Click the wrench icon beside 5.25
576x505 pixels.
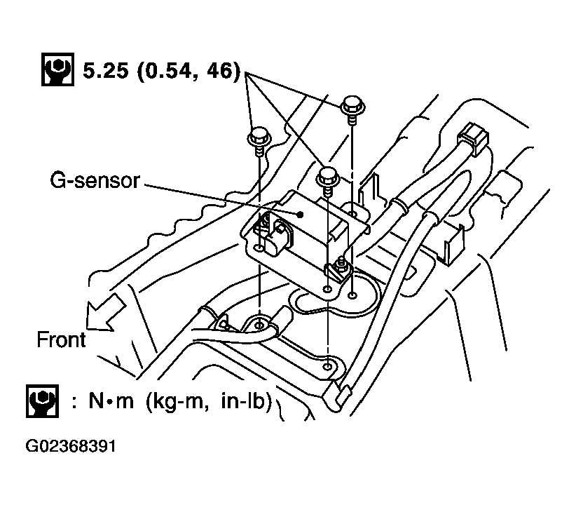tap(57, 70)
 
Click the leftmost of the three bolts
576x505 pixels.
tap(259, 137)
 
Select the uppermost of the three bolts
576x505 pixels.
tap(351, 107)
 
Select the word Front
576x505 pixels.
tap(62, 340)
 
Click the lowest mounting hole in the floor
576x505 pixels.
tap(327, 366)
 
